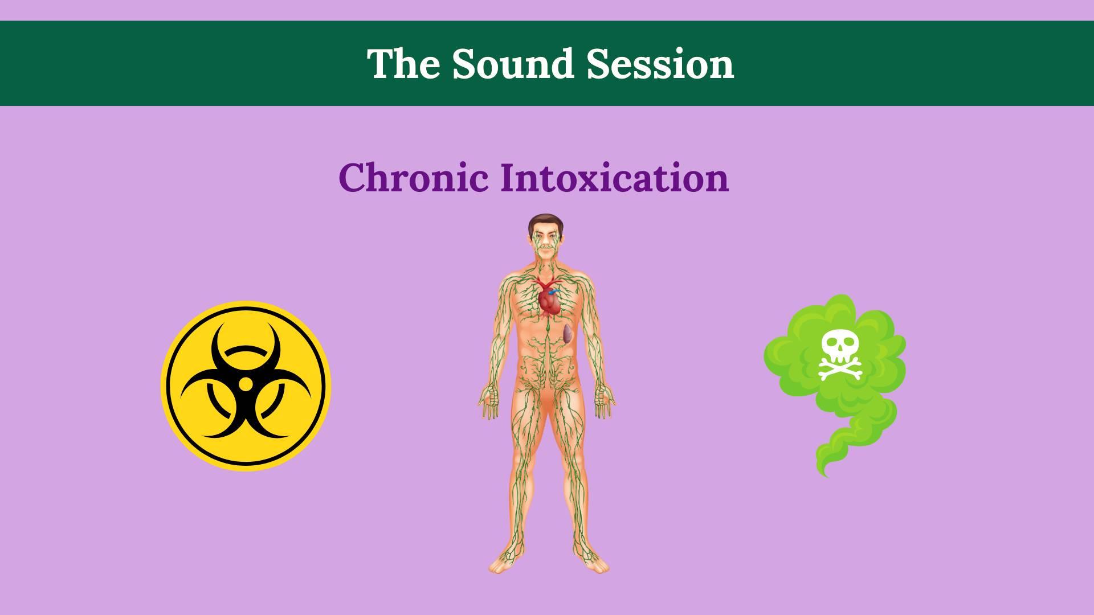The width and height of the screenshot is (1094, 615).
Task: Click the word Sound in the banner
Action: pos(513,64)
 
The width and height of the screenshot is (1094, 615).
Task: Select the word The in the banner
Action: pos(403,64)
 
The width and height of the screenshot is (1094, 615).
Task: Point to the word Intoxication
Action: pos(614,177)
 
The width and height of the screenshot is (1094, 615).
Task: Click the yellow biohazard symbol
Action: pos(246,386)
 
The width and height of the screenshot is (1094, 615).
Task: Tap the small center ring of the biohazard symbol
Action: pos(246,384)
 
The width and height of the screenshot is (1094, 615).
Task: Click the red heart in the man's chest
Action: pos(550,301)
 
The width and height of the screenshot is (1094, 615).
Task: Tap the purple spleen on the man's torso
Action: pos(568,334)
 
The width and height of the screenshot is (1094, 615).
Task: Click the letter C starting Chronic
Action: pos(353,177)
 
